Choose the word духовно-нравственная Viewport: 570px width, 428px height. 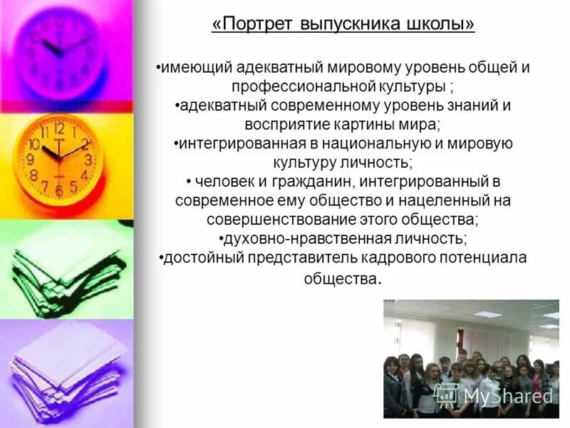point(293,238)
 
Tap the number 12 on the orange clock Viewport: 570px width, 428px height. point(59,129)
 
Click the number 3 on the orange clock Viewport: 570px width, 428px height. point(88,160)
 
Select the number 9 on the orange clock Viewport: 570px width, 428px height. point(31,160)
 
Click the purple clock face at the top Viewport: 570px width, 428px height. point(60,50)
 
